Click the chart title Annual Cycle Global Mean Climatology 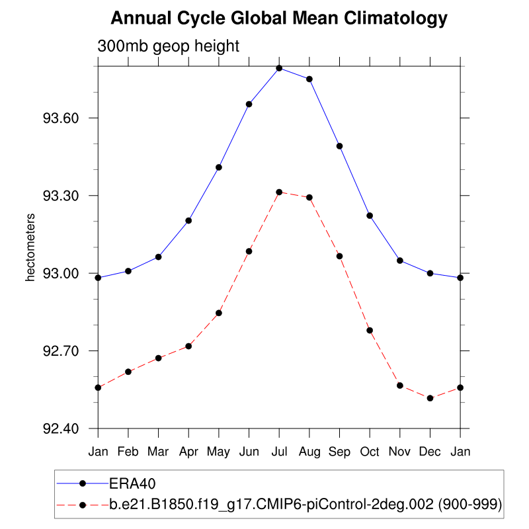[x=278, y=19]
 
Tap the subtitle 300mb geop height [x=168, y=46]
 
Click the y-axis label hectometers [x=30, y=247]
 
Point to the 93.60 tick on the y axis [x=61, y=118]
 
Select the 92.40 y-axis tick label [x=61, y=428]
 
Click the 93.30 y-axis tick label [x=61, y=196]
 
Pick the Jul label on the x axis [x=279, y=452]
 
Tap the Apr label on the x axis [x=188, y=452]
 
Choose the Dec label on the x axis [x=430, y=452]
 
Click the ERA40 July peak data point [x=279, y=68]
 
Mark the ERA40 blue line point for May [x=219, y=167]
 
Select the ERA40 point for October [x=370, y=216]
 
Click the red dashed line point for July [x=279, y=192]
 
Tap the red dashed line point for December [x=430, y=398]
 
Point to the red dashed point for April [x=188, y=346]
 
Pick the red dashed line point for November [x=400, y=385]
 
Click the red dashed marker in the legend [x=83, y=505]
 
